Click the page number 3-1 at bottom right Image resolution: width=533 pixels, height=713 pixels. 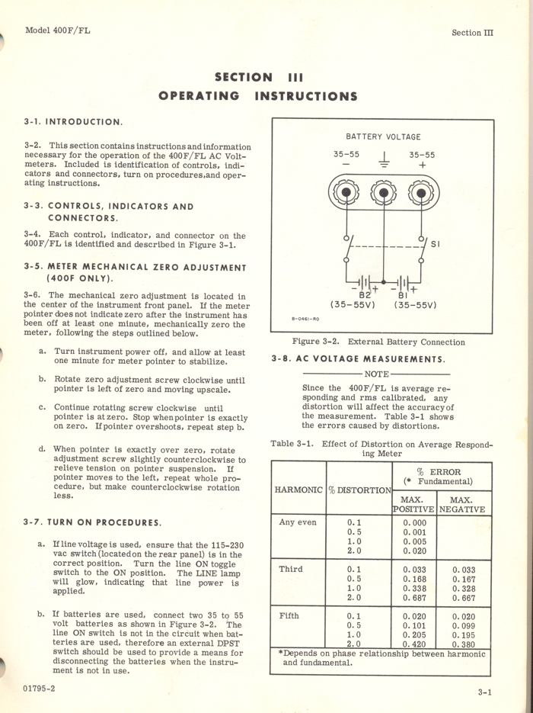click(484, 692)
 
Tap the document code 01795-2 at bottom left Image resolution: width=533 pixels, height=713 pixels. click(45, 688)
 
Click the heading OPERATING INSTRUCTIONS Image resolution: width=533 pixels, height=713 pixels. click(257, 96)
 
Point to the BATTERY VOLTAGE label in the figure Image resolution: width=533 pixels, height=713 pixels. click(383, 137)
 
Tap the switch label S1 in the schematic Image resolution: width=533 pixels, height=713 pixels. click(436, 245)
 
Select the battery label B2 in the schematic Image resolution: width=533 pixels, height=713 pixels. click(365, 294)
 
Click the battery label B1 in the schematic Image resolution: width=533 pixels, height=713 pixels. click(403, 294)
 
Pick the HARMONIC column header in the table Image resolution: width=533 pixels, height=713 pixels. click(298, 489)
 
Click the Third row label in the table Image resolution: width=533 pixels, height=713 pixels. click(291, 569)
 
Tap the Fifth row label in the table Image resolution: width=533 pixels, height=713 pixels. click(289, 615)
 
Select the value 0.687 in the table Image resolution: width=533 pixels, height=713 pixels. click(414, 598)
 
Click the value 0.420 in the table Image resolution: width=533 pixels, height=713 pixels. click(414, 644)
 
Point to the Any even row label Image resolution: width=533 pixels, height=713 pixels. click(297, 522)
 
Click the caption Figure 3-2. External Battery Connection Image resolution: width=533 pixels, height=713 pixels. click(378, 342)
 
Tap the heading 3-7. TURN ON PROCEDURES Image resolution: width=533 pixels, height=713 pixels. click(92, 522)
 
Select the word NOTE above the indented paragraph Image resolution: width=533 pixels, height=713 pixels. click(376, 374)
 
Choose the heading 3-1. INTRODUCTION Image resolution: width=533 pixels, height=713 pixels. click(73, 121)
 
